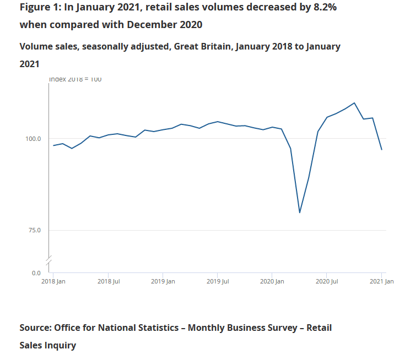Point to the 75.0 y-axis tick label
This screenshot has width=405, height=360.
(35, 230)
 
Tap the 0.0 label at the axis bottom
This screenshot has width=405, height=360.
(36, 273)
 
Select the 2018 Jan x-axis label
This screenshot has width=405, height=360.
(55, 282)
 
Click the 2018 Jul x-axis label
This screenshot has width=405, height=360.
(109, 282)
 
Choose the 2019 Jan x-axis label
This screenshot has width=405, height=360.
(163, 282)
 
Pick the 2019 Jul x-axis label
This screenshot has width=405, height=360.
(218, 282)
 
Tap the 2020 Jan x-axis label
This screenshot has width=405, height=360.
(272, 282)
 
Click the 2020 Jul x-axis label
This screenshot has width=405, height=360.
(327, 282)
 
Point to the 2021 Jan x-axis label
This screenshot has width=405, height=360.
(381, 282)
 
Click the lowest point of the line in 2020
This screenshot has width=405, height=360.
(300, 212)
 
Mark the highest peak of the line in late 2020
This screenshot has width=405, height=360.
(354, 103)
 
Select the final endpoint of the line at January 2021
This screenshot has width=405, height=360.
(382, 150)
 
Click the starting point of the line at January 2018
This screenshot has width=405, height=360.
(53, 145)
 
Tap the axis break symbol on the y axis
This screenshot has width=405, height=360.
(48, 259)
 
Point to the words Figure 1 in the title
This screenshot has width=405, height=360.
(40, 8)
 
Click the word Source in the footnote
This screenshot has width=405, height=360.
(35, 328)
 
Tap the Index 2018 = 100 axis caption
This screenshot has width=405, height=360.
(75, 79)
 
